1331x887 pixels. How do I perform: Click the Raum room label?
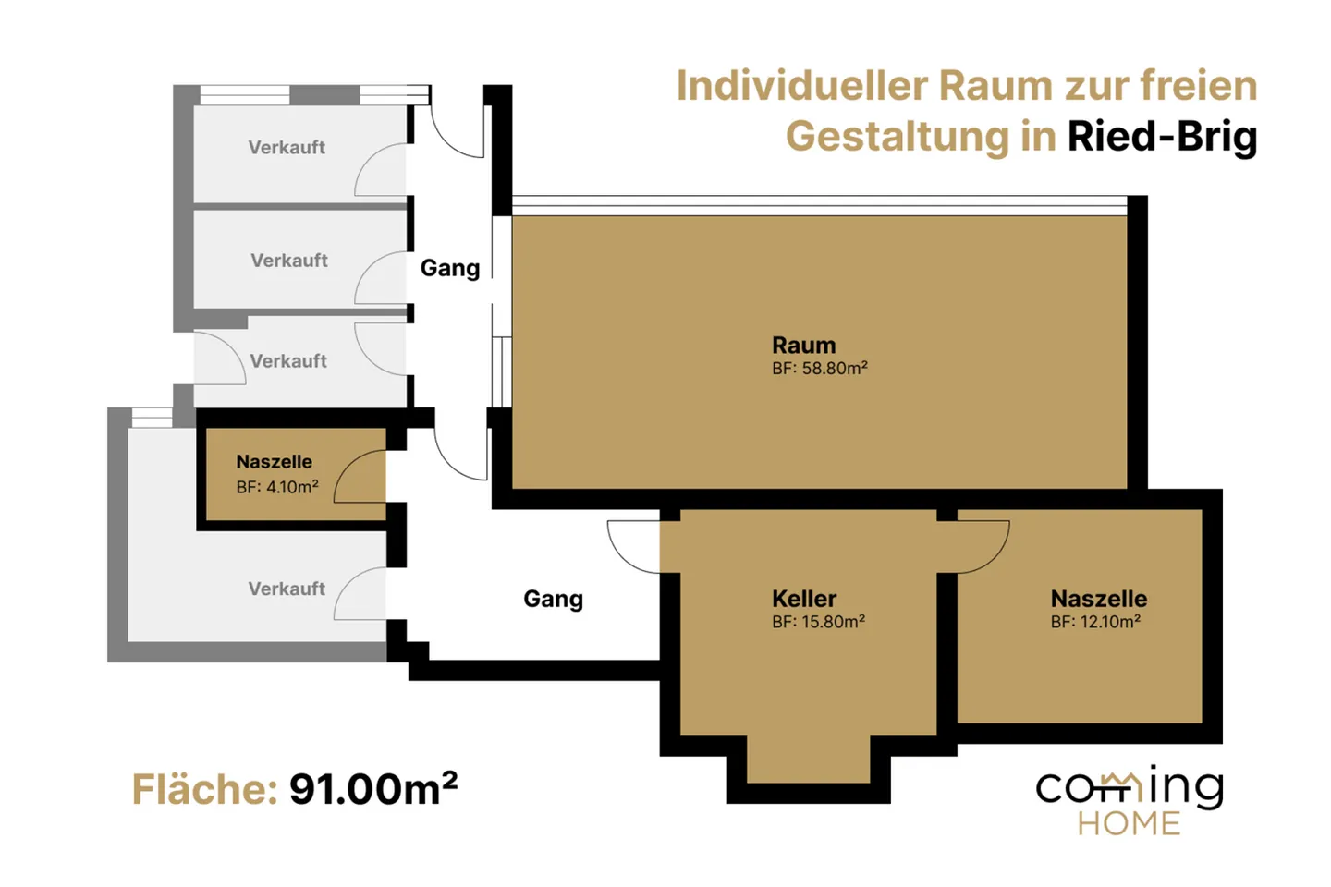point(803,346)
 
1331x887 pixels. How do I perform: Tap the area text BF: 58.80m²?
point(819,369)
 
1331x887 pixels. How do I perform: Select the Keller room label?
point(804,599)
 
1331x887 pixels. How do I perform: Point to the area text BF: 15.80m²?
point(818,622)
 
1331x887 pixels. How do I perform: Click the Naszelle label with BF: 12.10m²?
point(1099,599)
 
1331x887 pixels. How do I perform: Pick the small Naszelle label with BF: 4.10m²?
point(274,462)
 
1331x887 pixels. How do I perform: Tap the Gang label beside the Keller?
point(553,600)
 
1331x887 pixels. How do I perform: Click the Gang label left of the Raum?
point(450,269)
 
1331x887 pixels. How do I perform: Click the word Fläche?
point(204,790)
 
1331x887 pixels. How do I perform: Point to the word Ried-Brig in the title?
point(1162,137)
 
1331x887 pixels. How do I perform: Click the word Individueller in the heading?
point(802,86)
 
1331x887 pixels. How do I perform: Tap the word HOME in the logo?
point(1129,824)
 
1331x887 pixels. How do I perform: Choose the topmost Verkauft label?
point(287,147)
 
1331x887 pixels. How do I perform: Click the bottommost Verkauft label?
point(287,589)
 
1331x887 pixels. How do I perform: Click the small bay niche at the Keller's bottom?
point(808,759)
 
